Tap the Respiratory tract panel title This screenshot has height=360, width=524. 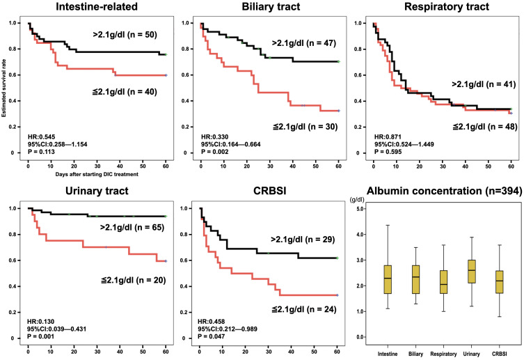pyautogui.click(x=441, y=8)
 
